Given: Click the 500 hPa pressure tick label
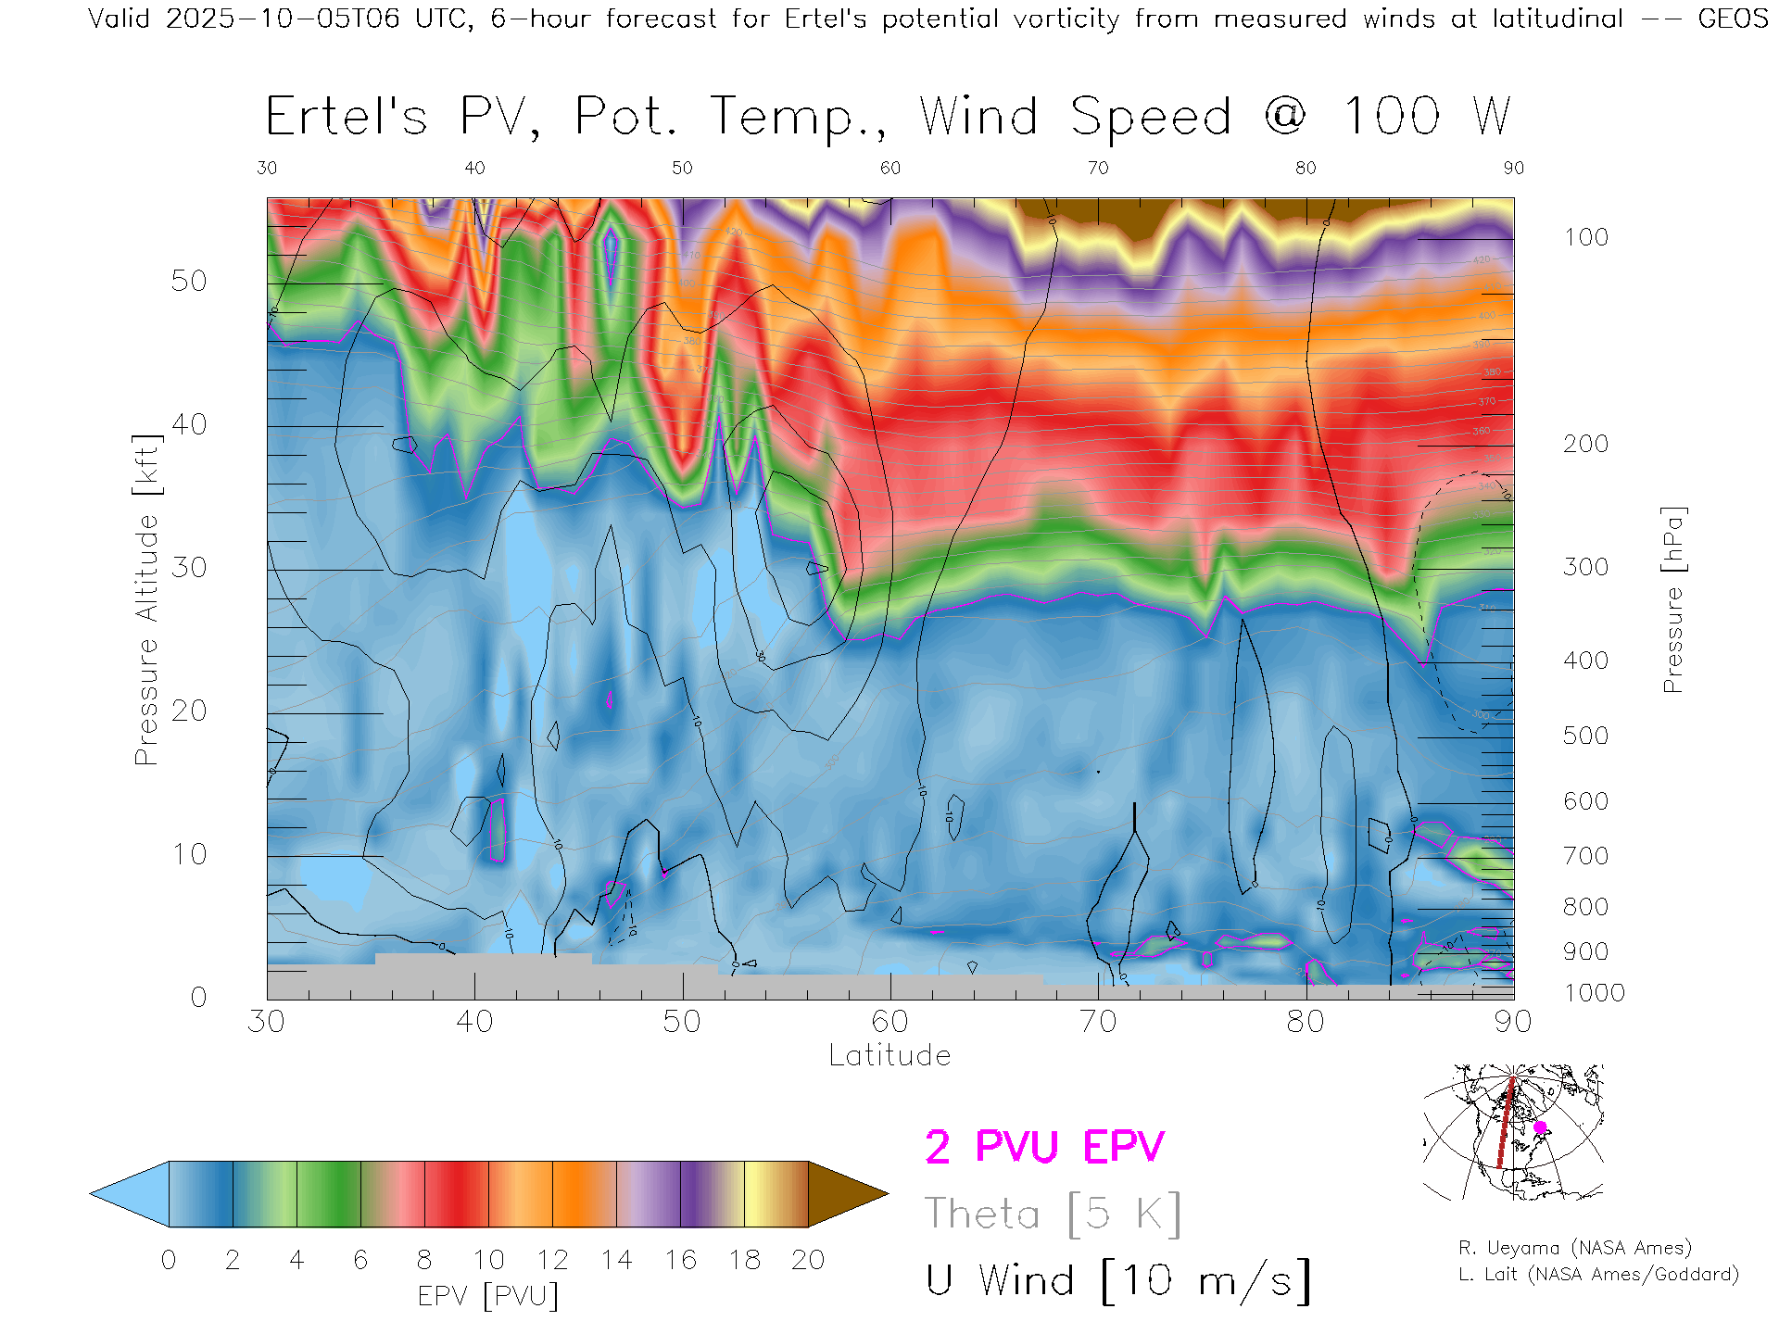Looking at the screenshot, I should pos(1585,736).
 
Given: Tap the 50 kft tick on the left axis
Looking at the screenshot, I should pos(189,281).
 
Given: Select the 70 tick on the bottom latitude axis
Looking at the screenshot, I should pos(1098,1021).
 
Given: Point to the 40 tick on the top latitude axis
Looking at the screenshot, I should pos(474,168).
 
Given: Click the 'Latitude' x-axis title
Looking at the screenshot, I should pos(889,1055).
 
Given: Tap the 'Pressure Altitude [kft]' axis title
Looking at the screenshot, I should pos(146,599).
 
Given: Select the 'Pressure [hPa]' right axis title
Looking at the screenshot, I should pos(1672,599).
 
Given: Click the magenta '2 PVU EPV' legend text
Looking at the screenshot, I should pos(1044,1147).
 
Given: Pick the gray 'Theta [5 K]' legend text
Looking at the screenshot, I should pos(1053,1214).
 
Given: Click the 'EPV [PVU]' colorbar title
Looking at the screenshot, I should pos(488,1295).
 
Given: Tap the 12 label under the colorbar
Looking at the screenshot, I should pos(552,1260).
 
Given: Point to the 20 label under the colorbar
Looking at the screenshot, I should pos(808,1260).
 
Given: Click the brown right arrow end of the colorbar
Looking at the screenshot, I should pos(843,1194).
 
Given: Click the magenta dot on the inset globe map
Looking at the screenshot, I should pos(1540,1127).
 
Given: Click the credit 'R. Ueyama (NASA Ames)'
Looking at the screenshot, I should pos(1574,1248).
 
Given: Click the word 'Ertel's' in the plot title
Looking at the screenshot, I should pos(347,117).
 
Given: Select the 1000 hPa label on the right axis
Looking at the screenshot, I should pos(1594,993).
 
